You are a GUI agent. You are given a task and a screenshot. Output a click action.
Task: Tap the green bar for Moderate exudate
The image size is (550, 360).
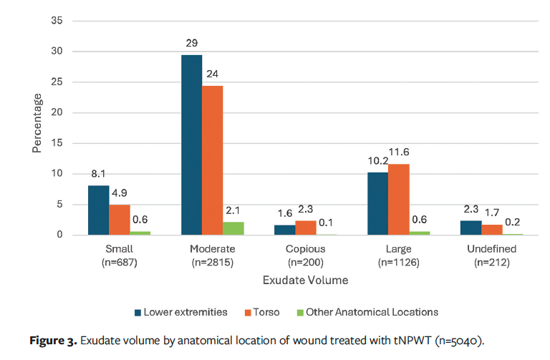(233, 228)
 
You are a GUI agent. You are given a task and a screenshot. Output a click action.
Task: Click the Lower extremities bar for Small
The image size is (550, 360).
(99, 210)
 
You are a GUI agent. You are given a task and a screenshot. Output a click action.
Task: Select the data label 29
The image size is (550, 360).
(191, 44)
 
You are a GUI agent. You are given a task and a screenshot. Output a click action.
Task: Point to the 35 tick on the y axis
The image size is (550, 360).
(57, 21)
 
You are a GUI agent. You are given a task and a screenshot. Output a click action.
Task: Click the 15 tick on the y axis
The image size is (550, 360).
(57, 143)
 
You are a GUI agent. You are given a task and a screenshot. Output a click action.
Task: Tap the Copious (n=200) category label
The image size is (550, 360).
(306, 255)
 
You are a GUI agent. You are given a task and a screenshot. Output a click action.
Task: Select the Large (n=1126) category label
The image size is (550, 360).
(398, 255)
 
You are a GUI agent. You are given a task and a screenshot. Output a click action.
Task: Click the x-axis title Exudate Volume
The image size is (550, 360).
(306, 280)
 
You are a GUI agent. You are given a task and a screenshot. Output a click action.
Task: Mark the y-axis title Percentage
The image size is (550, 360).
(37, 122)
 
